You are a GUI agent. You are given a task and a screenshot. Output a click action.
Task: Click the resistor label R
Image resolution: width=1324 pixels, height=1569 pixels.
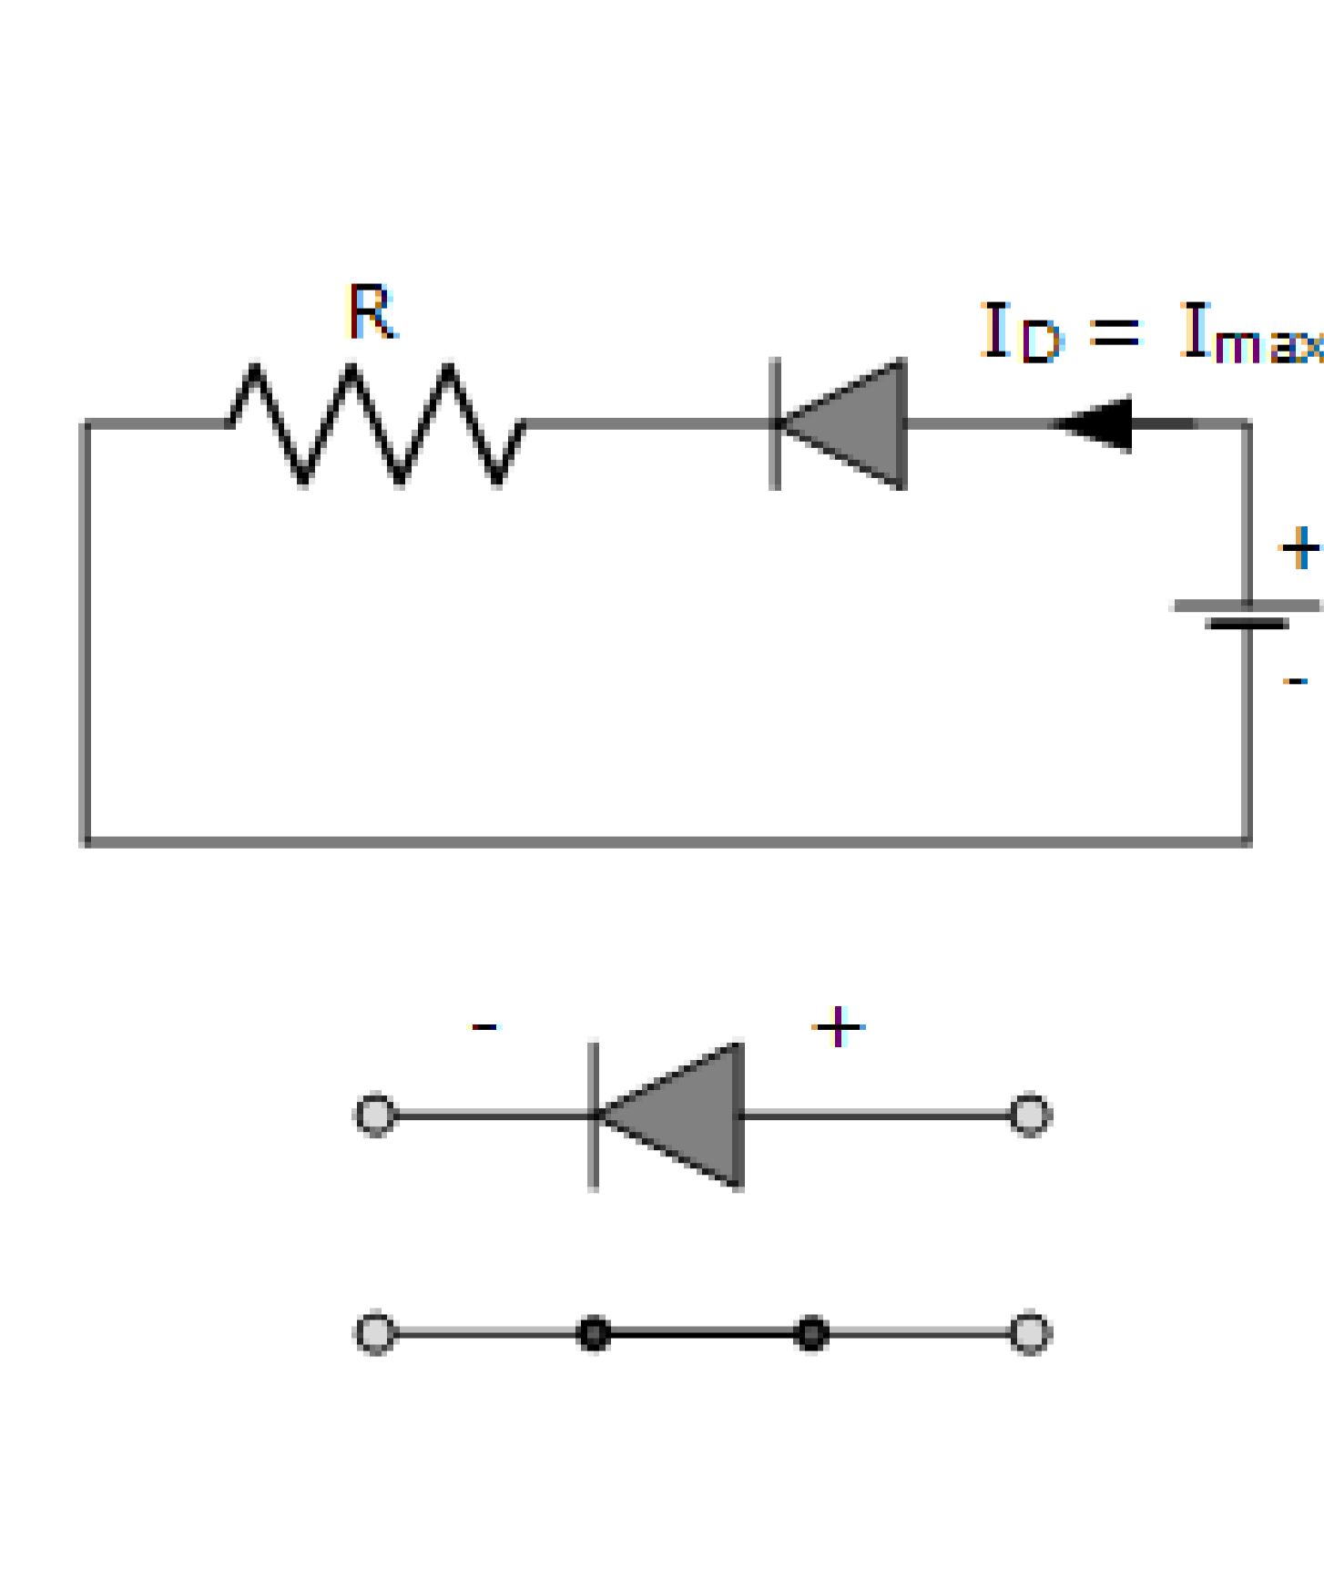point(372,312)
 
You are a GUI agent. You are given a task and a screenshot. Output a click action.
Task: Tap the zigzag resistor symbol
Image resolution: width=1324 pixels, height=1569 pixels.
point(376,423)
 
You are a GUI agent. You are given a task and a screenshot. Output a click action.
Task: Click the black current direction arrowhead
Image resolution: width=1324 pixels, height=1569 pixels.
point(1097,423)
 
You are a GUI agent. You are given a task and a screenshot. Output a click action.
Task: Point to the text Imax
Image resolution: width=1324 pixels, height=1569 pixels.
point(1252,333)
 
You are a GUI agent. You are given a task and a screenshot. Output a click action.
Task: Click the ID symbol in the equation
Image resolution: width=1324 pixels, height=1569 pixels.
point(1020,333)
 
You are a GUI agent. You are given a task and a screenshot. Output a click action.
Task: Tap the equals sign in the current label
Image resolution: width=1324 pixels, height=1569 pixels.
point(1115,331)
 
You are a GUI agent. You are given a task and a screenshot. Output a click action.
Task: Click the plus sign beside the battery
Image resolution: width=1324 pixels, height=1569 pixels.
point(1299,547)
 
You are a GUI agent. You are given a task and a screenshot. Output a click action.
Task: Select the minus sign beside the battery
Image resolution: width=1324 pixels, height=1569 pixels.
point(1295,680)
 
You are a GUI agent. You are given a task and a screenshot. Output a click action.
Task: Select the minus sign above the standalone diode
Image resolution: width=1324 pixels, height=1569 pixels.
point(484,1027)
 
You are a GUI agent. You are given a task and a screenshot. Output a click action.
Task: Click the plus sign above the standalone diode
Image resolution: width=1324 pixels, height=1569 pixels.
point(838,1027)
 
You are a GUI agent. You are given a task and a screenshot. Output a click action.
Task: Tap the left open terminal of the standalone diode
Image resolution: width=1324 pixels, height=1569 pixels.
point(375,1115)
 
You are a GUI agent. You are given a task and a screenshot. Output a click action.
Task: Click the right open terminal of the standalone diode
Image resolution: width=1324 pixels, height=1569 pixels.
point(1030,1115)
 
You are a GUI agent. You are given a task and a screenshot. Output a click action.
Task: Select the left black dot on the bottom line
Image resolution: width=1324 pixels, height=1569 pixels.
point(594,1334)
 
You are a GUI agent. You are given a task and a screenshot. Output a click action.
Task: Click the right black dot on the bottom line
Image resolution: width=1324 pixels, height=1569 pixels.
point(810,1334)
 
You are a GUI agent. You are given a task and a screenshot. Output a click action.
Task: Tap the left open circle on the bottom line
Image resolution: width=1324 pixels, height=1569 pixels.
point(375,1333)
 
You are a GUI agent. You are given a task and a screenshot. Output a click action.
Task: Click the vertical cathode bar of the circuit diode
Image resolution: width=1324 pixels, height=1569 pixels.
point(775,423)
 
